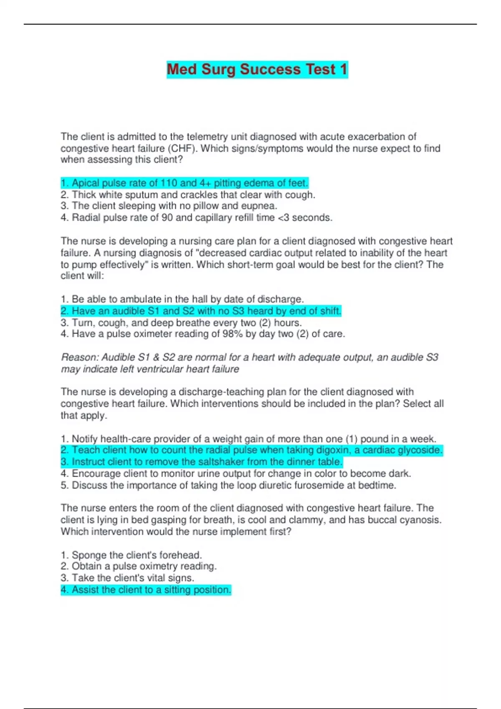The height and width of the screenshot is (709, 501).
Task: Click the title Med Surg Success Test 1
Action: [257, 69]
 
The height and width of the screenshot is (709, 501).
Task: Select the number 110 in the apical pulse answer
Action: [169, 183]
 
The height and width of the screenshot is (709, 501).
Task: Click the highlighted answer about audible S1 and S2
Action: [201, 311]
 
